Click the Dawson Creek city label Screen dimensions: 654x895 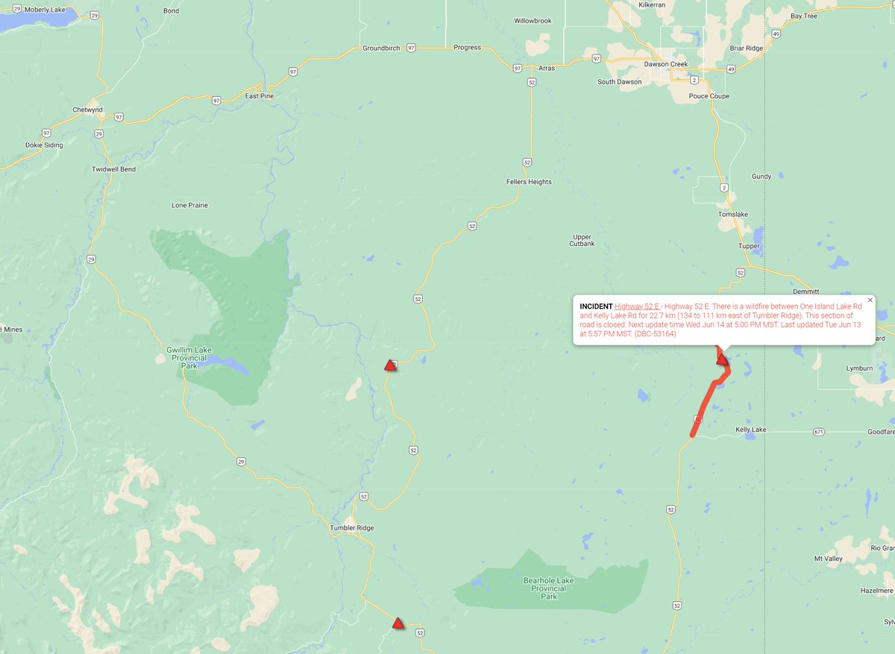(667, 64)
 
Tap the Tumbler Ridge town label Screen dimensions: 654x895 (351, 528)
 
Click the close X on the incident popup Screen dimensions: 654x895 (870, 300)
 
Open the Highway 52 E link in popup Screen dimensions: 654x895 (636, 306)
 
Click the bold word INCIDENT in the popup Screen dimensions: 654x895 (595, 306)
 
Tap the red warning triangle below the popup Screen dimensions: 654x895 (722, 359)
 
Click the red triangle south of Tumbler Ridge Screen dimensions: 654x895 (398, 623)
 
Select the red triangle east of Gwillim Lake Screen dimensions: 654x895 (389, 365)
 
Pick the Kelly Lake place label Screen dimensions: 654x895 (750, 430)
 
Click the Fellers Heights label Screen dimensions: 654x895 (529, 182)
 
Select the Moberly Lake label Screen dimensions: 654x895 (45, 10)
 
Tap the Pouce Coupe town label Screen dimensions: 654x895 (709, 96)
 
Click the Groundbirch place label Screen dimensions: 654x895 (380, 48)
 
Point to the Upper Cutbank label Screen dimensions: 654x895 (582, 240)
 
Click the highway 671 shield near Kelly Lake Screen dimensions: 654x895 (819, 432)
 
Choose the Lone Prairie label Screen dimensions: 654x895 (189, 205)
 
